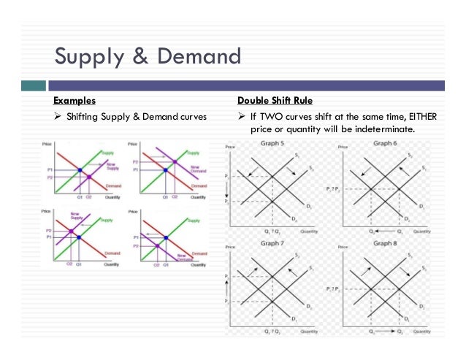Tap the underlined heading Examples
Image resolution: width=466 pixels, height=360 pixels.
click(x=74, y=100)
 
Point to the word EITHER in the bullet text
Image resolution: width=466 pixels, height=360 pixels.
click(x=403, y=117)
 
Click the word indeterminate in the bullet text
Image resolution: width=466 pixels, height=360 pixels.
click(x=383, y=129)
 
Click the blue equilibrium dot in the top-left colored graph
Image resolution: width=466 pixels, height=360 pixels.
click(x=78, y=171)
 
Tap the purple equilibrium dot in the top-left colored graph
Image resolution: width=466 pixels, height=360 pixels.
click(x=89, y=177)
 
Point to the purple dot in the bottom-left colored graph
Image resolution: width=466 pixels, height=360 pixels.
click(x=70, y=231)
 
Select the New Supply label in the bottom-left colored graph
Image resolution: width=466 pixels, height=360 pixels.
click(x=75, y=217)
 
